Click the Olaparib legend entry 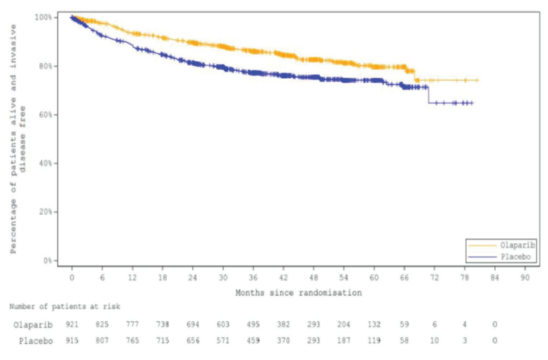click(x=517, y=245)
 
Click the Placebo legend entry click(x=515, y=257)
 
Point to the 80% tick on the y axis click(x=45, y=66)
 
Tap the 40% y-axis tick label click(x=45, y=163)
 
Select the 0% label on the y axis click(x=48, y=260)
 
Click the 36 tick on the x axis click(x=253, y=278)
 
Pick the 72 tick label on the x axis click(x=434, y=278)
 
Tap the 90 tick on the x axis click(x=525, y=278)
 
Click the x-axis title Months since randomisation click(x=298, y=293)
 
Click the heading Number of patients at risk click(x=65, y=307)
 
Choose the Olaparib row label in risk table click(x=33, y=325)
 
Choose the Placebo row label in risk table click(x=36, y=341)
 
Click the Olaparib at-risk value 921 click(x=72, y=325)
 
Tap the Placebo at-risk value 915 click(x=72, y=341)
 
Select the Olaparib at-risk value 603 click(x=223, y=325)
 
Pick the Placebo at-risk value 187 click(x=343, y=341)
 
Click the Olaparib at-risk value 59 click(x=404, y=325)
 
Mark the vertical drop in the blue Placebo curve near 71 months click(x=428, y=95)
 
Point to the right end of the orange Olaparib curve click(x=477, y=80)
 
